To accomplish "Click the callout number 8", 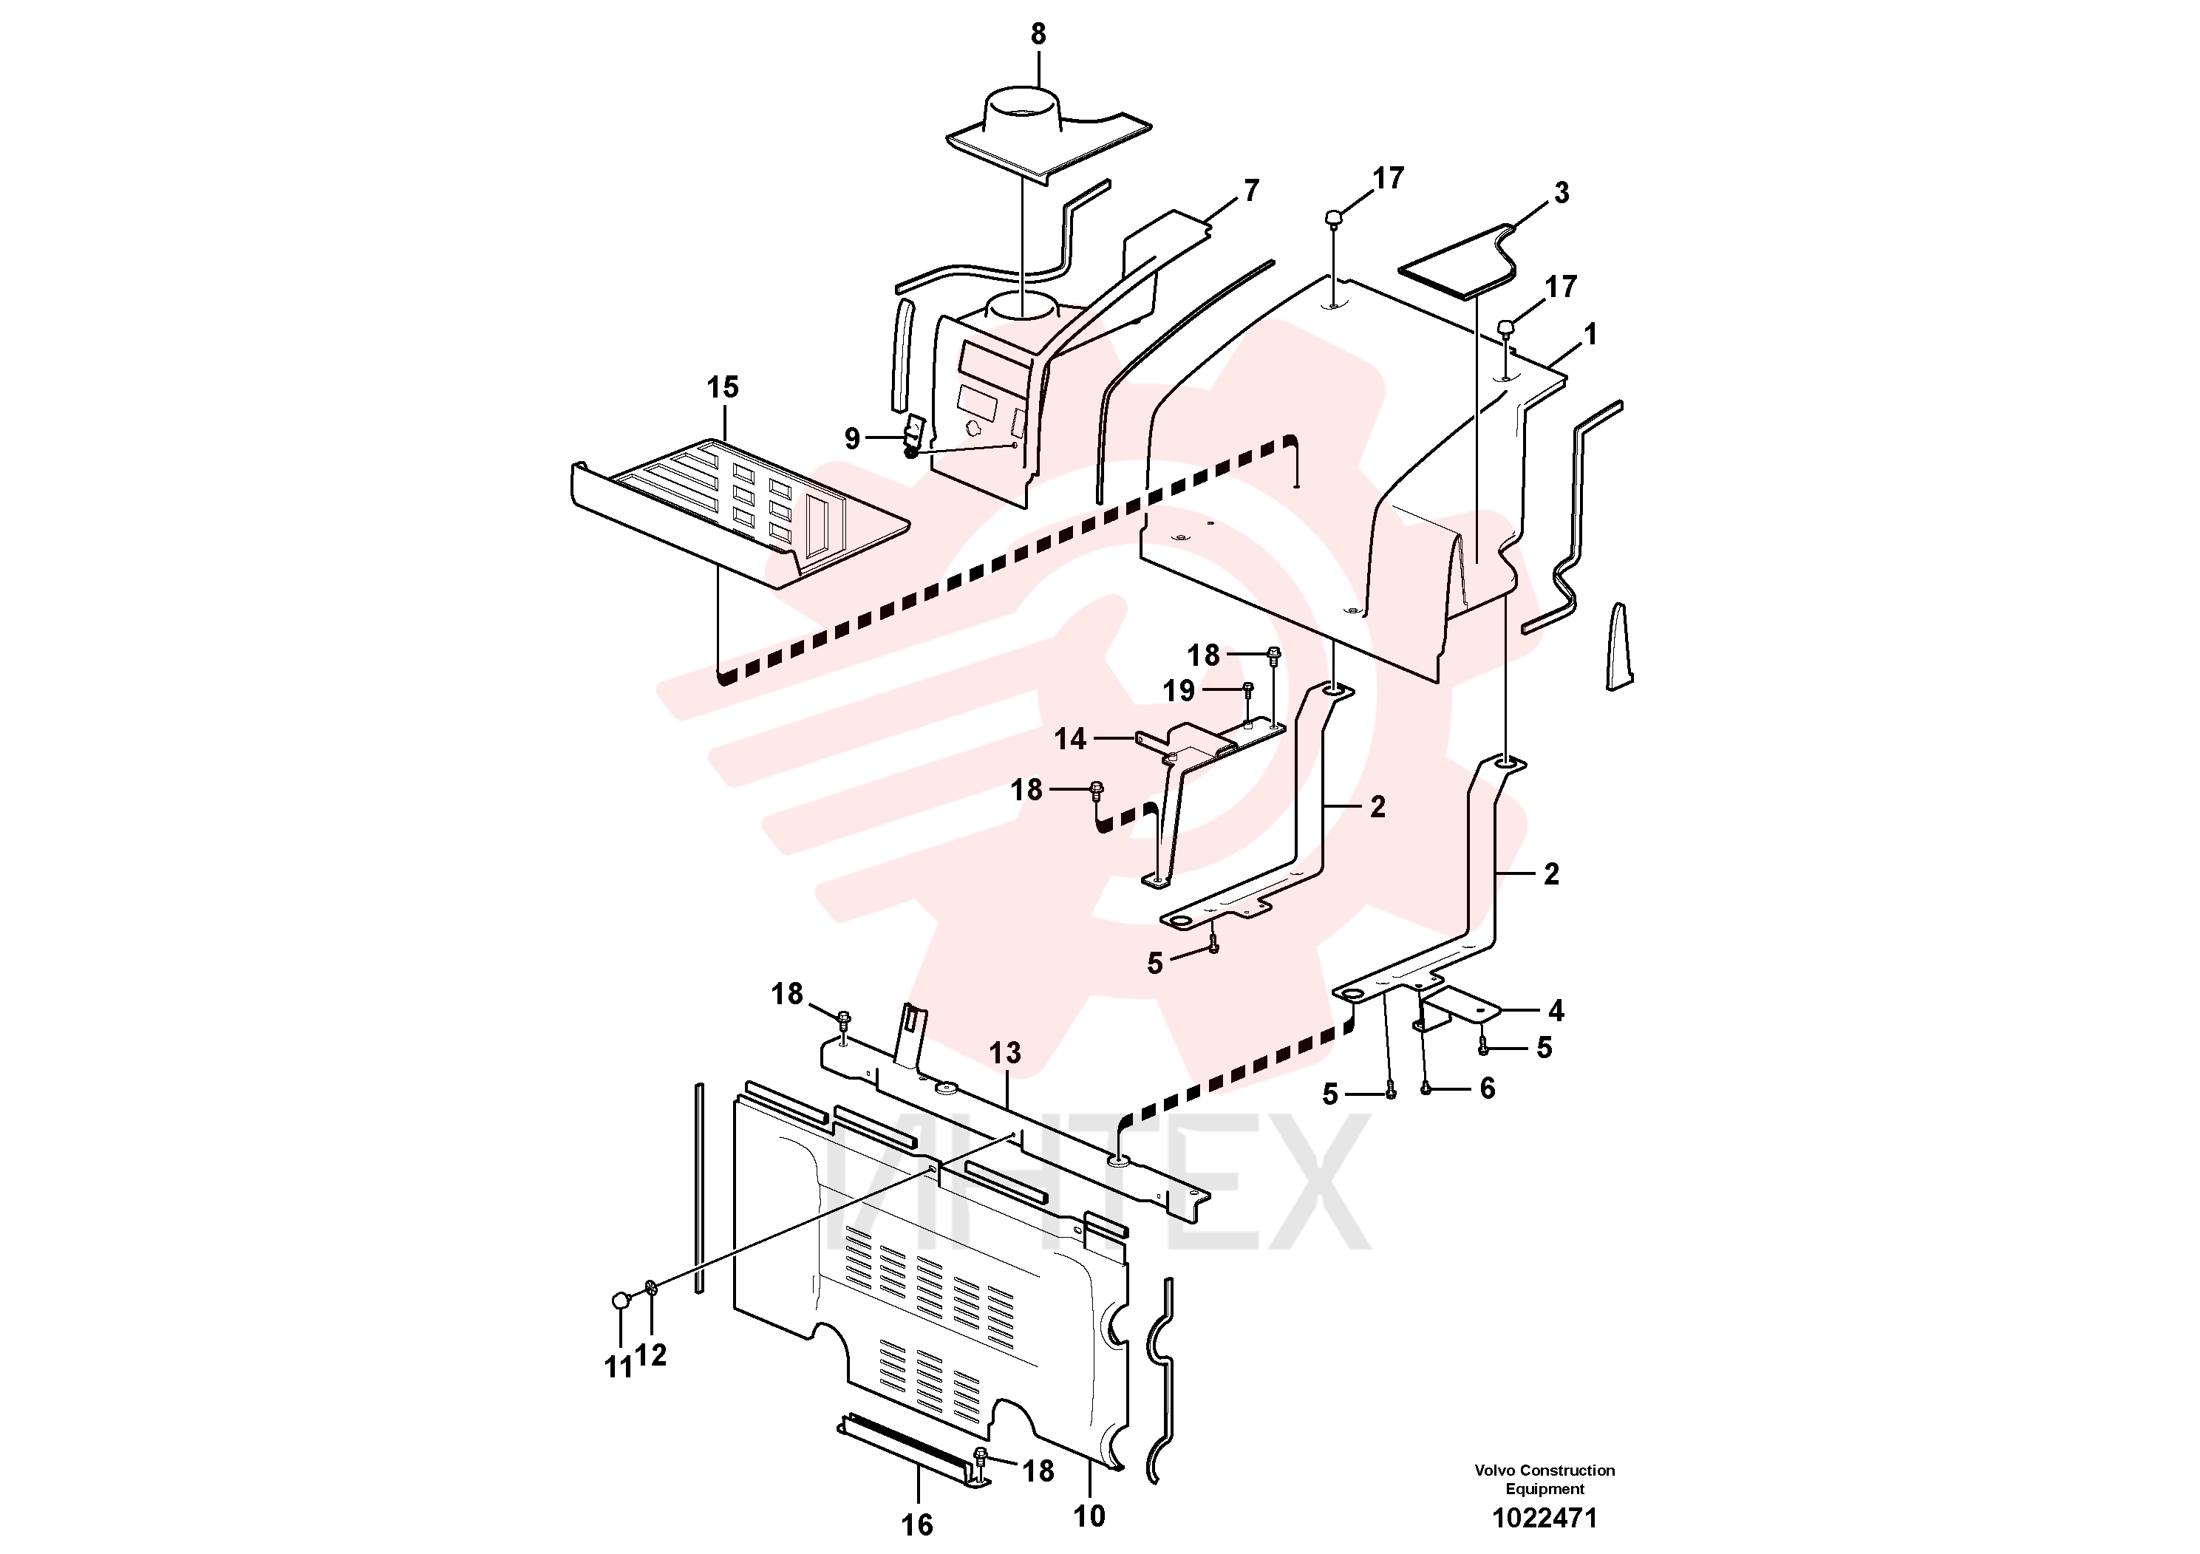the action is pos(1039,35).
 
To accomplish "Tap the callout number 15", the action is pos(723,387).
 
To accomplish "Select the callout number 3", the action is pos(1561,193).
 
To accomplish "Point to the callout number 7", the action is pos(1251,191).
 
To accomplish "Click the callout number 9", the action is pos(852,439).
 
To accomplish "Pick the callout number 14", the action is pos(1070,739).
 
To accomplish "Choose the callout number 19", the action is pos(1179,691).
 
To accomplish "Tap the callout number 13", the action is pos(1005,1053).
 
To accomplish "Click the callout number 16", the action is pos(917,1524).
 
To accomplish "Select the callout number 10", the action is pos(1089,1516).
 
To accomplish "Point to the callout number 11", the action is pos(619,1368).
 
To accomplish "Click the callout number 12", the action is pos(650,1354).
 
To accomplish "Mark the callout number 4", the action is pos(1556,1011).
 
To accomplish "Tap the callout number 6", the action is pos(1487,1088).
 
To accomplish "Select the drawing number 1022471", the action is pos(1545,1519).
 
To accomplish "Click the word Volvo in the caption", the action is pos(1495,1470).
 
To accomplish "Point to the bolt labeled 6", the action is pos(1425,1088).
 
